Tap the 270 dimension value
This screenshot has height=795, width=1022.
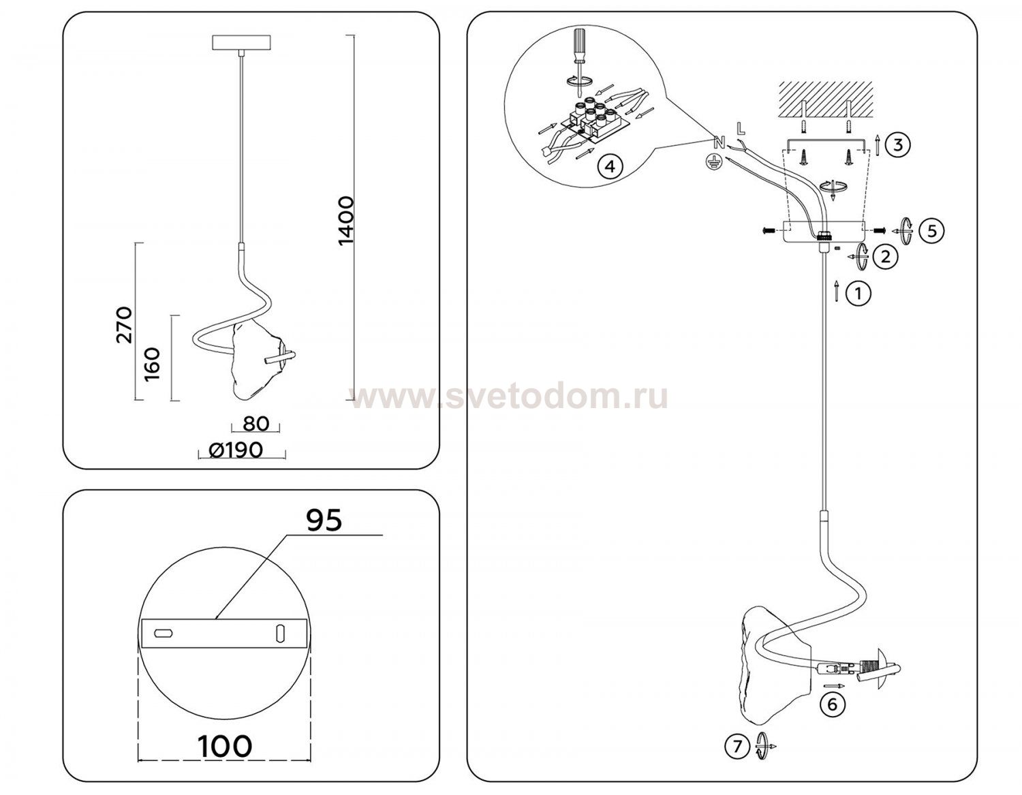pos(125,324)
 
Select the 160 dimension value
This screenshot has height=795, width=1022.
pos(152,364)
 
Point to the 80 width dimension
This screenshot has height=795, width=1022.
pos(255,423)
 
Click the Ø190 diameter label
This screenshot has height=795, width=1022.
pos(236,450)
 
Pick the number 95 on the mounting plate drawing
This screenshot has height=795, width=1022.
pos(323,520)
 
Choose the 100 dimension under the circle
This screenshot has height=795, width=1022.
pos(224,746)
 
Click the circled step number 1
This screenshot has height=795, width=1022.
pos(858,294)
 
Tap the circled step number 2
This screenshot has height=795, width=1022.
pos(884,257)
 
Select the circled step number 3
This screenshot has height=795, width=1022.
pos(898,144)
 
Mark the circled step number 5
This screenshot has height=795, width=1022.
pos(931,230)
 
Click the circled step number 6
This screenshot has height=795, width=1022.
pos(831,704)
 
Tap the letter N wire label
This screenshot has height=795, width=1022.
pos(718,143)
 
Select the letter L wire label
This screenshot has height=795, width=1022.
pos(741,127)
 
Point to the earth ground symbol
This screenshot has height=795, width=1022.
pos(713,161)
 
